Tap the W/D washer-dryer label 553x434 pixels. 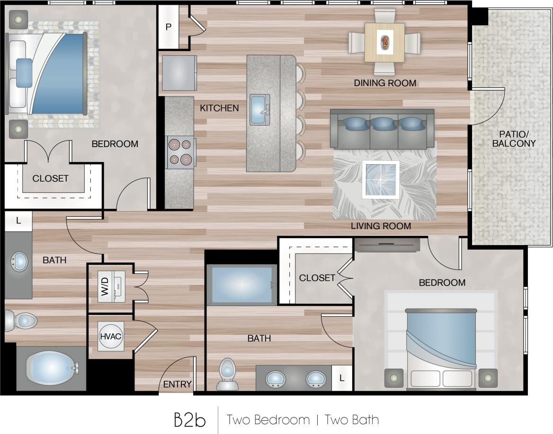pyautogui.click(x=105, y=287)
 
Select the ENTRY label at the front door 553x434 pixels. pyautogui.click(x=177, y=384)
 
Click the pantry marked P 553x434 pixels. pyautogui.click(x=168, y=27)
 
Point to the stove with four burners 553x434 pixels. pyautogui.click(x=180, y=152)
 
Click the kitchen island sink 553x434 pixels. pyautogui.click(x=259, y=109)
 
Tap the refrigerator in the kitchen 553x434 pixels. pyautogui.click(x=179, y=73)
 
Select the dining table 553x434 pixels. pyautogui.click(x=384, y=43)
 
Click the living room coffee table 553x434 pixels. pyautogui.click(x=380, y=180)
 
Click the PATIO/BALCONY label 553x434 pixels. pyautogui.click(x=514, y=139)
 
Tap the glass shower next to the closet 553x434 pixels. pyautogui.click(x=241, y=284)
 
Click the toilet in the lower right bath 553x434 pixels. pyautogui.click(x=227, y=373)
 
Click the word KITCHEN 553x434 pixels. pyautogui.click(x=219, y=108)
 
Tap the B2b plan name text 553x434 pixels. pyautogui.click(x=189, y=419)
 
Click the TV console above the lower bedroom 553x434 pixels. pyautogui.click(x=387, y=244)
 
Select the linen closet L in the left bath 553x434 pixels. pyautogui.click(x=18, y=221)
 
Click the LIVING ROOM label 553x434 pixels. pyautogui.click(x=381, y=226)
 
